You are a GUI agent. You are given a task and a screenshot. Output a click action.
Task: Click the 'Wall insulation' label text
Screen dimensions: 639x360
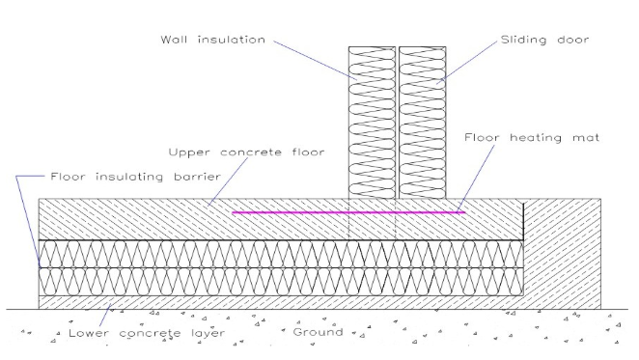click(212, 40)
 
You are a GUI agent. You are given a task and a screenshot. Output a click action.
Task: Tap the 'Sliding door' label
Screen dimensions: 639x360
click(544, 40)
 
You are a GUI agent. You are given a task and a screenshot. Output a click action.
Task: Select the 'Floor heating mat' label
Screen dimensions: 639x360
click(532, 138)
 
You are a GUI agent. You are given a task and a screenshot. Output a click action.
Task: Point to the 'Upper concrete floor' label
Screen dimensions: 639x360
click(246, 152)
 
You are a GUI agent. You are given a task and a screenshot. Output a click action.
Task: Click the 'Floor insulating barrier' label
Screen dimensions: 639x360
click(136, 177)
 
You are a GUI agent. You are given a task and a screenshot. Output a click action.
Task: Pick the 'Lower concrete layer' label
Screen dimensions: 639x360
click(147, 333)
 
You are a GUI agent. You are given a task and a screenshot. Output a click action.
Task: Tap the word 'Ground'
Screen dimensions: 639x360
click(318, 332)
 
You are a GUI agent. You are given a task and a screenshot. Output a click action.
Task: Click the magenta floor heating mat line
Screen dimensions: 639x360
click(348, 212)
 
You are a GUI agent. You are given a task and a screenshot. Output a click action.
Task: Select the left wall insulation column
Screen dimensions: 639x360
click(372, 123)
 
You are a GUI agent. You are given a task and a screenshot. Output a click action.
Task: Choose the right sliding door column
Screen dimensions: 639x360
click(423, 123)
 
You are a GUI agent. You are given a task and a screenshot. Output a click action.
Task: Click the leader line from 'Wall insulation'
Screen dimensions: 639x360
click(315, 60)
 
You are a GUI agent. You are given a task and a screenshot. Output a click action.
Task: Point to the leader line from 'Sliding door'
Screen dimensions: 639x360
click(467, 62)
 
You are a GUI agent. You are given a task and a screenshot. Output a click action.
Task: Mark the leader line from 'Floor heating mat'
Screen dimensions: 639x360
click(476, 178)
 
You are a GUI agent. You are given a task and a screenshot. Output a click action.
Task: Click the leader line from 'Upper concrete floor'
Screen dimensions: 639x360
click(228, 181)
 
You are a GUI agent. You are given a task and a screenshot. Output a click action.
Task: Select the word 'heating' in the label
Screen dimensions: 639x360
click(536, 138)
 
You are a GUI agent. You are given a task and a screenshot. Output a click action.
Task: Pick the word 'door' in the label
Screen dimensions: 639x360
click(573, 40)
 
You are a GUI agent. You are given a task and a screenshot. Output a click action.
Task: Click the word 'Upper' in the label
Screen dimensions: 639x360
click(184, 152)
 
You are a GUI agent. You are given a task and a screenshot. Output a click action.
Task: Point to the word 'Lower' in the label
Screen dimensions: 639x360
click(89, 333)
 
